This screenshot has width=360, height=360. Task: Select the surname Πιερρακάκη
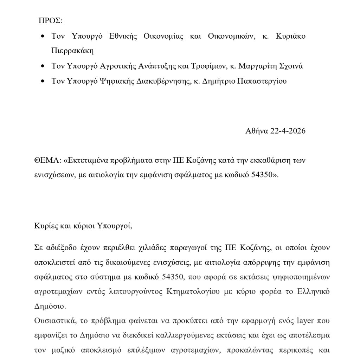pos(72,51)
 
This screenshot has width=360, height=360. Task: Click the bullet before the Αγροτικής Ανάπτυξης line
pos(43,66)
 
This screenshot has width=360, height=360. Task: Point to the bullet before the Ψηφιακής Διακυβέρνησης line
pos(43,81)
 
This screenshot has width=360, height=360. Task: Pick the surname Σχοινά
pos(290,66)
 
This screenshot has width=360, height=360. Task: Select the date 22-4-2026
pos(288,131)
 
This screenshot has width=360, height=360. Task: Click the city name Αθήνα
pos(257,131)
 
